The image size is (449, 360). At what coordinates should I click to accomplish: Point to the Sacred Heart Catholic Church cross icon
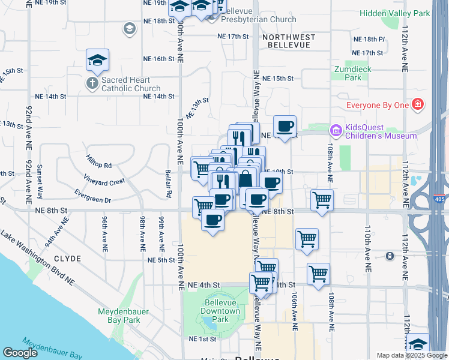coord(93,83)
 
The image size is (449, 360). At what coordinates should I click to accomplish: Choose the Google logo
coord(20,353)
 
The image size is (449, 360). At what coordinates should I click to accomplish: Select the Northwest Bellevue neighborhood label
coord(288,41)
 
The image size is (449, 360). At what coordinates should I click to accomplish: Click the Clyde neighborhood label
coord(67,259)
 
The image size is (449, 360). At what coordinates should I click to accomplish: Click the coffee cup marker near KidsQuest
coord(285,126)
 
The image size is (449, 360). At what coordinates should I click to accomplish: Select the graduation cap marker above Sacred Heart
coord(97,59)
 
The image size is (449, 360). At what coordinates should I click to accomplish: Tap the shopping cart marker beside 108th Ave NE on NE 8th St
coord(322,200)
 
